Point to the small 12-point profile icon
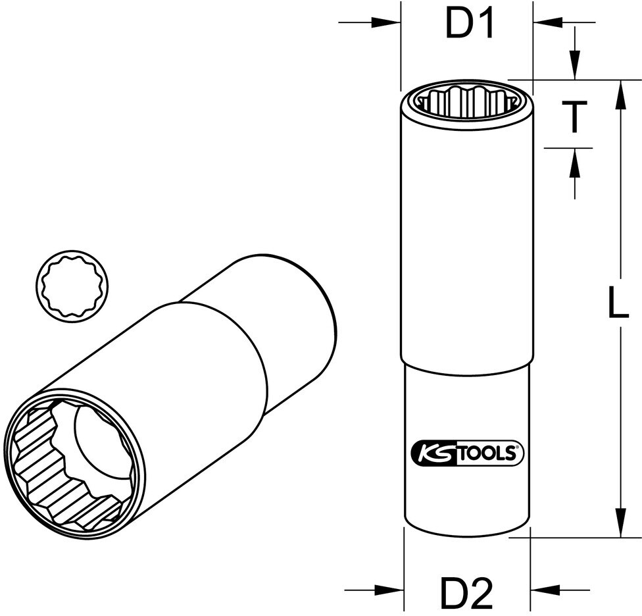(x=72, y=286)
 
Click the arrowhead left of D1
(x=385, y=22)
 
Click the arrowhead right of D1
(x=548, y=22)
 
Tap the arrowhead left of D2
(x=389, y=590)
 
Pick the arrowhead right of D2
(x=545, y=590)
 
